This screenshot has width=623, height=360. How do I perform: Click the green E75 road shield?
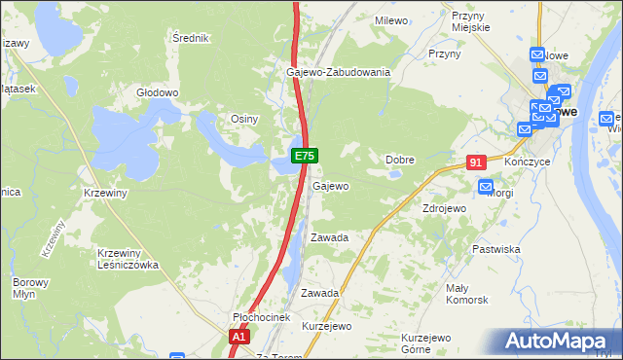[x=304, y=155]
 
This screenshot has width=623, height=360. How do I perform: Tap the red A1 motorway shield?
[x=239, y=337]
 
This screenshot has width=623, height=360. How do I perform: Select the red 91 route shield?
[x=475, y=163]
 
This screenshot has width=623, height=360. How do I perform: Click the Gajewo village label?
[x=331, y=186]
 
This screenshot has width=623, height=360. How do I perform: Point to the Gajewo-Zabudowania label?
[x=338, y=72]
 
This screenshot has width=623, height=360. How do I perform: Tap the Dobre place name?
[x=400, y=160]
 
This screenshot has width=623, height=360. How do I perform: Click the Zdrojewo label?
[x=444, y=208]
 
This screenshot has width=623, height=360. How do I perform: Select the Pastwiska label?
[x=495, y=249]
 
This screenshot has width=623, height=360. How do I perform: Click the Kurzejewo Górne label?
[x=429, y=343]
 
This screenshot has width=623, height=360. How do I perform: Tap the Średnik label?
[x=190, y=38]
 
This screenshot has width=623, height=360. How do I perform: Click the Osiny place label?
[x=243, y=119]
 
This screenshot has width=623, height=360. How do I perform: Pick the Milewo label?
[x=390, y=19]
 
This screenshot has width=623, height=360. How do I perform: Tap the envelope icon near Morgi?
[x=487, y=186]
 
